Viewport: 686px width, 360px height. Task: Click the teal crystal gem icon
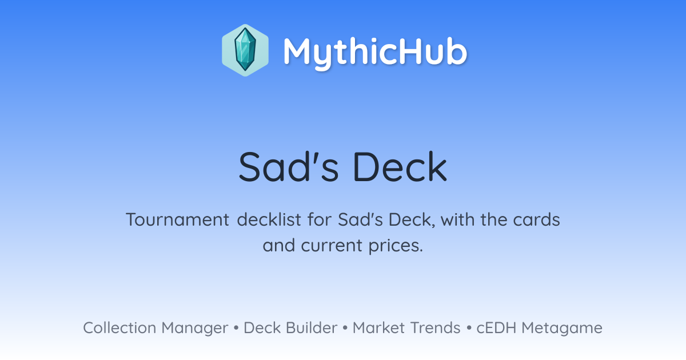245,50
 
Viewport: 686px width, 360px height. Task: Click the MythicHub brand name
376,52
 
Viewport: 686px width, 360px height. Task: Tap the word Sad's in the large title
289,167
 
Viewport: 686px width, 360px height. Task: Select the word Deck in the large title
400,167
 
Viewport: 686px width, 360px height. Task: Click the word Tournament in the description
178,220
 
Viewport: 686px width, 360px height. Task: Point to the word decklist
269,219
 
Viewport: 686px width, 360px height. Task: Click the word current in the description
332,246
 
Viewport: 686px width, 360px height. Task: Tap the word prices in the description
396,246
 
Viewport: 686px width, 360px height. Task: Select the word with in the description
457,219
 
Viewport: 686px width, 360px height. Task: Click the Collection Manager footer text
155,328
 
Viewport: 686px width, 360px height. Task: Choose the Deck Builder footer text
290,327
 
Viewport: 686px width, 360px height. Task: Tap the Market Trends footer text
406,327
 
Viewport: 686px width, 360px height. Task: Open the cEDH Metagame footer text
539,328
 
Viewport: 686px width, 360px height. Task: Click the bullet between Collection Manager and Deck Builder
236,328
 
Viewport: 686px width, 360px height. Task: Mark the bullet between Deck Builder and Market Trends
345,328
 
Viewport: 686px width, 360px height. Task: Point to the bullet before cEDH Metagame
469,328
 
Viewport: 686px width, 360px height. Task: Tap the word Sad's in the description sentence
360,219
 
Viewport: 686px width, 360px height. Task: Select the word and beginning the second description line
279,245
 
